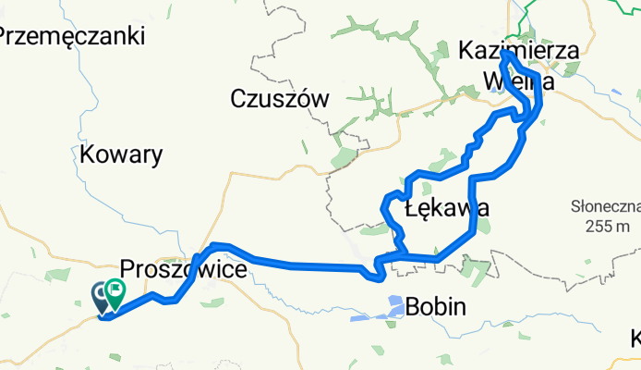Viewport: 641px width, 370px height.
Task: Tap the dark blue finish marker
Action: click(101, 296)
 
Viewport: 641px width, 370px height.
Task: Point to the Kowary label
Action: click(121, 154)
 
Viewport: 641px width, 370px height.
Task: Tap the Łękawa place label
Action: click(445, 208)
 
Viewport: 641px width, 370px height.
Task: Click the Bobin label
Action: click(437, 306)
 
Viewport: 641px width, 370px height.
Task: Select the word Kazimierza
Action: click(518, 52)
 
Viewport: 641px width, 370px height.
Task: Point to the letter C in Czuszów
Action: click(238, 98)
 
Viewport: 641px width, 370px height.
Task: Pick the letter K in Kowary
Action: click(88, 154)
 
